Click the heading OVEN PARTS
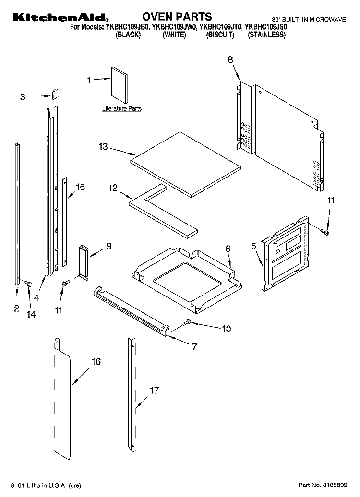(177, 16)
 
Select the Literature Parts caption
(122, 109)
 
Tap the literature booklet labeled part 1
(120, 85)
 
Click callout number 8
(230, 59)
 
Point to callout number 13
(103, 147)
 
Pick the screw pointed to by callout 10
(187, 322)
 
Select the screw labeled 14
(28, 283)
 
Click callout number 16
(96, 361)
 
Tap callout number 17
(154, 390)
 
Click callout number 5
(253, 246)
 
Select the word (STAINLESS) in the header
(266, 35)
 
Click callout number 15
(80, 187)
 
